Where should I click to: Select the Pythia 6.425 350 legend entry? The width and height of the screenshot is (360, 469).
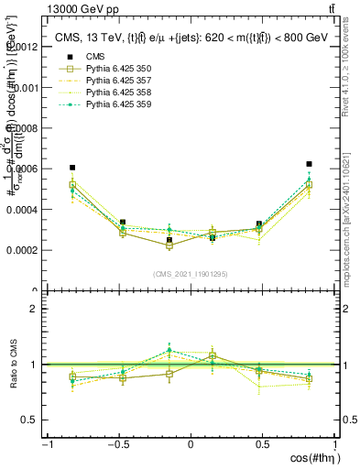point(115,93)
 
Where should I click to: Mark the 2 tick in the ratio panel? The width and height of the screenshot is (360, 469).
point(33,309)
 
